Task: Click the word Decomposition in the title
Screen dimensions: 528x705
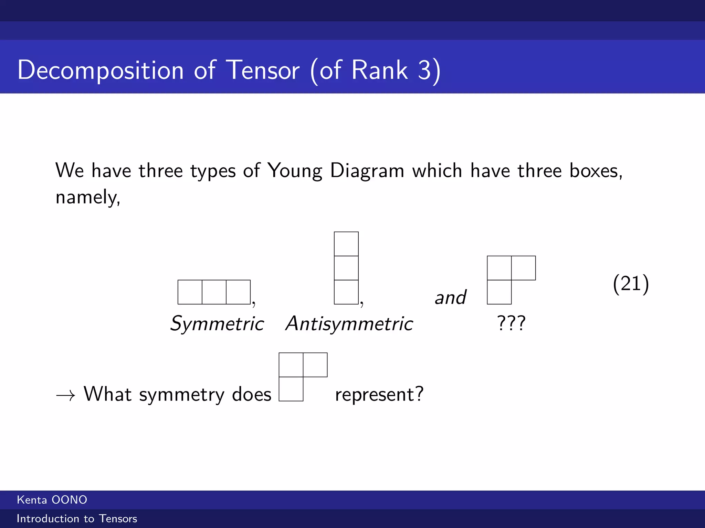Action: pyautogui.click(x=101, y=70)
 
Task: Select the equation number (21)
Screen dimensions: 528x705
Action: pyautogui.click(x=631, y=284)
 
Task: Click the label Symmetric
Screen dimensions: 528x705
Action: pyautogui.click(x=217, y=323)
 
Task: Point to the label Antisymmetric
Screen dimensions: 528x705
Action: pyautogui.click(x=349, y=323)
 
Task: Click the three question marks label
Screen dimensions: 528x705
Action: pyautogui.click(x=511, y=323)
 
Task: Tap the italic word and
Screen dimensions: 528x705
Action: pyautogui.click(x=450, y=297)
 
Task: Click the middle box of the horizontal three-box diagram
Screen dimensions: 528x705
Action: pyautogui.click(x=214, y=292)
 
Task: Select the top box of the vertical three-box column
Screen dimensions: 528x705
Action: pyautogui.click(x=346, y=244)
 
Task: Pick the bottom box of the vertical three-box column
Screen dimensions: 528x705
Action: pyautogui.click(x=346, y=292)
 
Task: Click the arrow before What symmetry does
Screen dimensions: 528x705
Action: pyautogui.click(x=65, y=396)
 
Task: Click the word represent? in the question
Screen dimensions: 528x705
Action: pyautogui.click(x=379, y=395)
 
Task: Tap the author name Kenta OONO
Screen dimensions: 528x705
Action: pyautogui.click(x=52, y=500)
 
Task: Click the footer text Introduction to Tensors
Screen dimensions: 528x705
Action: pyautogui.click(x=77, y=518)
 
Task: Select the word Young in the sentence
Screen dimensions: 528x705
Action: pyautogui.click(x=295, y=171)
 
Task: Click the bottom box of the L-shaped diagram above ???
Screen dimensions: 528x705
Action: pyautogui.click(x=499, y=292)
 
